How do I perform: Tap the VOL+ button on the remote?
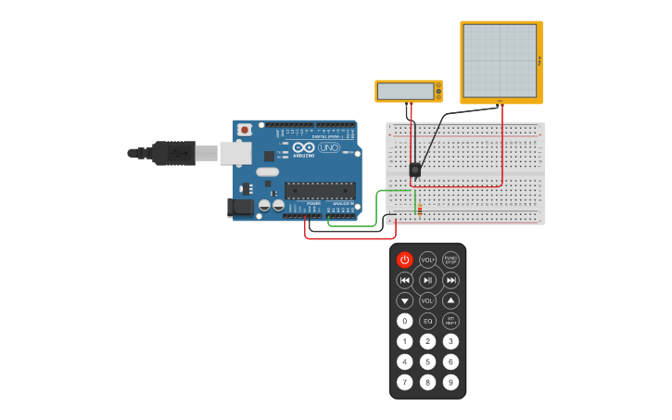pyautogui.click(x=427, y=261)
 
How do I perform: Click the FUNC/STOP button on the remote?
pyautogui.click(x=450, y=261)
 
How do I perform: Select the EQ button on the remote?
pyautogui.click(x=427, y=321)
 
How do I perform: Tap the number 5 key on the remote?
pyautogui.click(x=427, y=362)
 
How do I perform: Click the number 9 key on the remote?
pyautogui.click(x=450, y=382)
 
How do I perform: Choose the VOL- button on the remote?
pyautogui.click(x=427, y=300)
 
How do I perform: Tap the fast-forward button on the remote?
pyautogui.click(x=450, y=280)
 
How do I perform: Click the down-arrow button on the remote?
pyautogui.click(x=405, y=300)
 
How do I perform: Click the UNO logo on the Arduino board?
pyautogui.click(x=329, y=148)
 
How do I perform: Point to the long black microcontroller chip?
pyautogui.click(x=320, y=191)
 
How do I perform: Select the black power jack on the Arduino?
pyautogui.click(x=240, y=209)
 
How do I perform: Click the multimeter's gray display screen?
pyautogui.click(x=405, y=91)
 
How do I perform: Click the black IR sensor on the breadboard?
pyautogui.click(x=415, y=170)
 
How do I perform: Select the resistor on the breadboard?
pyautogui.click(x=420, y=209)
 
